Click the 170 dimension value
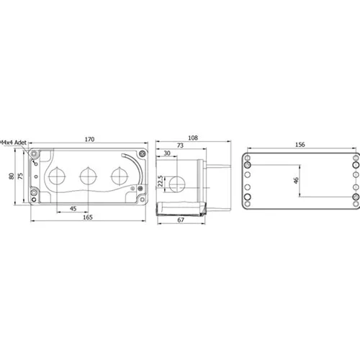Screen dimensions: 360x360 tap(89, 139)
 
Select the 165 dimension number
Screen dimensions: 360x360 tap(88, 217)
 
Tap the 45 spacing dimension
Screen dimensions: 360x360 tap(73, 209)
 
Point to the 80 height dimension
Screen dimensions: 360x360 tap(12, 176)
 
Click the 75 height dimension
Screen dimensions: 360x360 tap(21, 176)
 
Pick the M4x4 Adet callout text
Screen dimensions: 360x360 tap(13, 143)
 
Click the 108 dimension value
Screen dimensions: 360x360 tap(193, 138)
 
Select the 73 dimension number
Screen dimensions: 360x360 tap(180, 145)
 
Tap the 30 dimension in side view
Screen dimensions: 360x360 tap(167, 153)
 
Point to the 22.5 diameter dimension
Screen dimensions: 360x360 tap(161, 181)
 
